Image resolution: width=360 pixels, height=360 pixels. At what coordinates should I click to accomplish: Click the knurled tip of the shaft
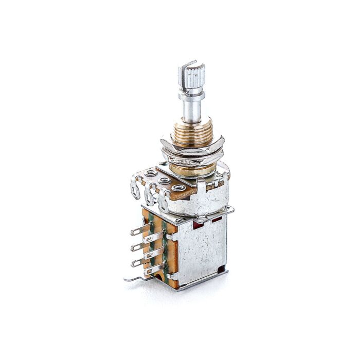coord(195,78)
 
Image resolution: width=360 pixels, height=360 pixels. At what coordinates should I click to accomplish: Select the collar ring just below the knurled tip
coord(191,95)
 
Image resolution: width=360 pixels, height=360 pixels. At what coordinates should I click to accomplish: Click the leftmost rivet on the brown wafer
coord(151,174)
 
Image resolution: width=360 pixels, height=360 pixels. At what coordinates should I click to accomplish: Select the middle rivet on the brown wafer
coord(165,181)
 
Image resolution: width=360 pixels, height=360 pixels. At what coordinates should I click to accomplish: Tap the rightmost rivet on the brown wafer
coord(178,188)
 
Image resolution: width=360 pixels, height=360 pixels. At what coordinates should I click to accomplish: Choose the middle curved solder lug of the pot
coord(149,195)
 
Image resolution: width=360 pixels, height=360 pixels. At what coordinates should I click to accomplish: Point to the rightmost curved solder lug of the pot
coord(164,202)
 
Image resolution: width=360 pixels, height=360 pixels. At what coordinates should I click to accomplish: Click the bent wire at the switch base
coord(135,279)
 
